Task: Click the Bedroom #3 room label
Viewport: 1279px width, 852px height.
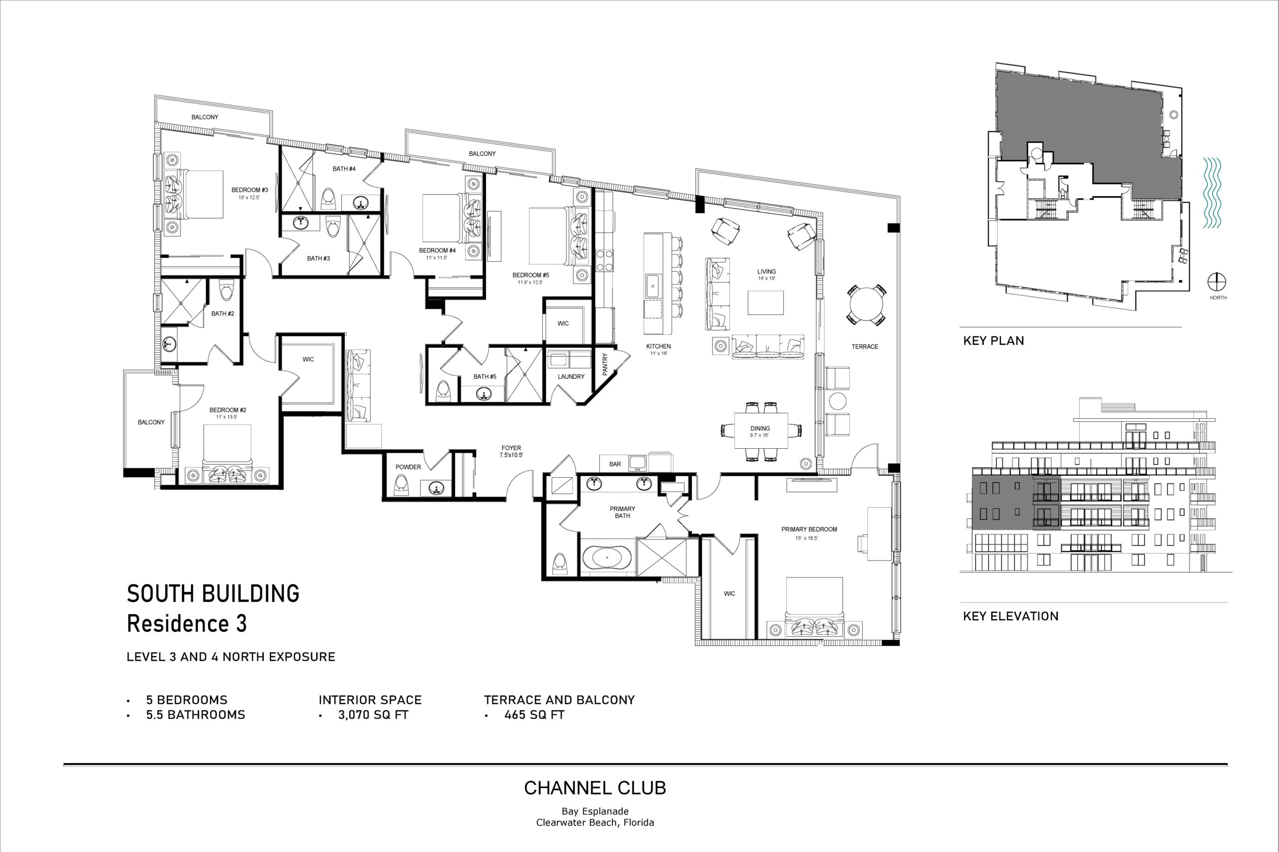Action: [x=250, y=190]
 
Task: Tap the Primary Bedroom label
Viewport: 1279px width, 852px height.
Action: [x=809, y=529]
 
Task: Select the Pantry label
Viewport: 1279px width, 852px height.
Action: [x=605, y=364]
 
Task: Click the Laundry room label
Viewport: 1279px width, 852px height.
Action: [x=571, y=376]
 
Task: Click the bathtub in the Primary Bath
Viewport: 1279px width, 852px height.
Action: [x=608, y=558]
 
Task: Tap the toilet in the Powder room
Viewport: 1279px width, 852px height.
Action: [x=401, y=485]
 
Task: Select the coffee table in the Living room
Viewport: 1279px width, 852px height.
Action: [x=766, y=302]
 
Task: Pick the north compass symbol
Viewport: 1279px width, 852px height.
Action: [x=1217, y=283]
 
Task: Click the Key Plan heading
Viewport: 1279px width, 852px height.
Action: [x=994, y=341]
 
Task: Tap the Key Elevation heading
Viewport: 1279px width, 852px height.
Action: [x=1011, y=616]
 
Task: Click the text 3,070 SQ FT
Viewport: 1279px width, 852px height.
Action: [x=373, y=715]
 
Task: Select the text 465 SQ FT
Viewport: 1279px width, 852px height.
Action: [x=535, y=715]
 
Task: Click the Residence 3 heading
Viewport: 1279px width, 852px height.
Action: [x=186, y=623]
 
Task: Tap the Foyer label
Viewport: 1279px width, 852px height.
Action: [x=511, y=448]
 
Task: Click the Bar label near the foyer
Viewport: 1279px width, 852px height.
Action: [x=615, y=465]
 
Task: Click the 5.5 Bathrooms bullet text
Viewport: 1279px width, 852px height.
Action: [x=196, y=715]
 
